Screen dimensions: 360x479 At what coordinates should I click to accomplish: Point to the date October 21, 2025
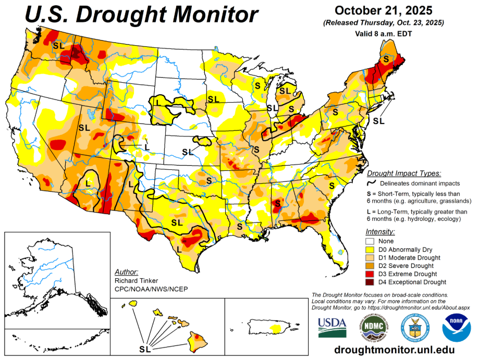click(x=383, y=10)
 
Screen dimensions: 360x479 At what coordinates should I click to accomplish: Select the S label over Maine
click(x=386, y=59)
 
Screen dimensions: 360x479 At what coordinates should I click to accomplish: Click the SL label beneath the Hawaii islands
click(x=147, y=347)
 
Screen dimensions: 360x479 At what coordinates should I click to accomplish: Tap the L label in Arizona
click(x=88, y=182)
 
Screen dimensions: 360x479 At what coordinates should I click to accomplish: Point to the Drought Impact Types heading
click(x=404, y=173)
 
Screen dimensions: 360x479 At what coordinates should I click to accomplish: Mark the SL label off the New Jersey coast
click(x=378, y=121)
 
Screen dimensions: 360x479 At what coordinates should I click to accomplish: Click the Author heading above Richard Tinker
click(x=126, y=272)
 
